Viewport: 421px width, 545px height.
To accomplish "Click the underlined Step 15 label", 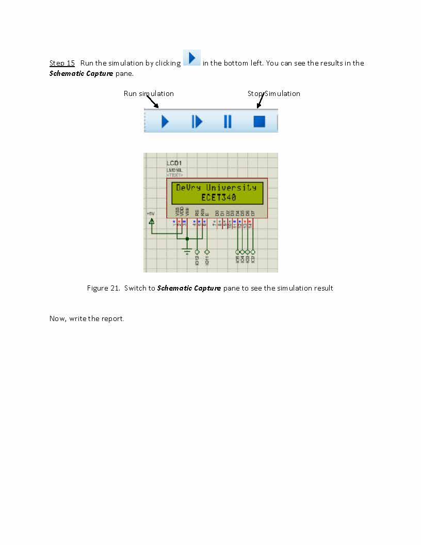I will click(62, 63).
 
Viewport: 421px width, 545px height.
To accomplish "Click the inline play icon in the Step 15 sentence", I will click(191, 57).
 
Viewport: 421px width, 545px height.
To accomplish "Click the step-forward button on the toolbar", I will click(197, 121).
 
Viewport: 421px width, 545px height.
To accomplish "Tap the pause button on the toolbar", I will click(228, 121).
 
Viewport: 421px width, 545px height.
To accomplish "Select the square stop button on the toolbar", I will click(259, 121).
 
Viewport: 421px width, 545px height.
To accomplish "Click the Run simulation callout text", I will click(149, 93).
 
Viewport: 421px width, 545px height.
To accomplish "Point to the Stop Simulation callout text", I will click(273, 93).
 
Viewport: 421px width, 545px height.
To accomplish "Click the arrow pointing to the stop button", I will click(260, 101).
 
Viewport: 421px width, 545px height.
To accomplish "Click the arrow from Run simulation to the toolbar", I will click(152, 102).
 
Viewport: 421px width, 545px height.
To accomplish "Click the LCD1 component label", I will click(174, 163).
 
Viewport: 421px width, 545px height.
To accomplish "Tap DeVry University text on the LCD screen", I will click(216, 188).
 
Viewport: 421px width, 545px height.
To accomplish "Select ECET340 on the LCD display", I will click(219, 197).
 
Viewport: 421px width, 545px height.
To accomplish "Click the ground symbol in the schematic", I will click(187, 251).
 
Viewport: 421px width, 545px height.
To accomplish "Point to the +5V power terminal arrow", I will click(152, 222).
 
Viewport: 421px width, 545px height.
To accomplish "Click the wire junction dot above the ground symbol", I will click(187, 238).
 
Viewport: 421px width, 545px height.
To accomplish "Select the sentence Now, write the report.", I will click(87, 318).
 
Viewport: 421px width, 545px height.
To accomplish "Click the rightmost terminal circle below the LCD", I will click(253, 252).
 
